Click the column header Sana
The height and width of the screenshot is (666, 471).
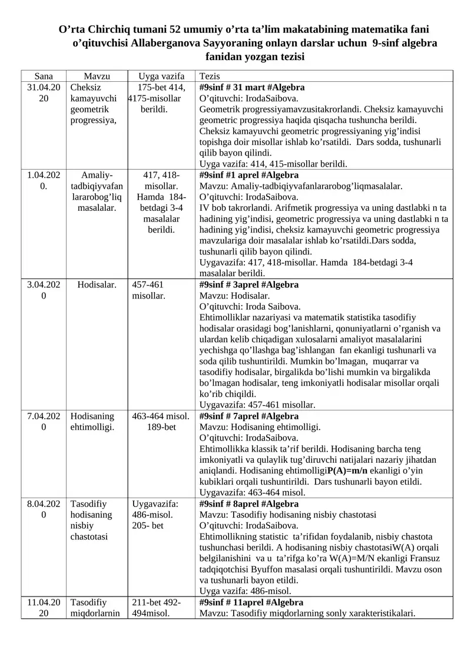point(43,76)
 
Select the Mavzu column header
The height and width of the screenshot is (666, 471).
point(97,76)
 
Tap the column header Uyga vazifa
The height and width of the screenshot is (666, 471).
point(161,76)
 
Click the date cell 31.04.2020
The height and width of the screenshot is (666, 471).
point(44,93)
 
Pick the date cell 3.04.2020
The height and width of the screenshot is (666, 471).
point(44,290)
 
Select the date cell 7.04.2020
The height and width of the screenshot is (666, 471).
point(44,422)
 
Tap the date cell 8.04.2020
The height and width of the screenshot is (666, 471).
point(44,510)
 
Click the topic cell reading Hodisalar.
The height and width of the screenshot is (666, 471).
point(97,285)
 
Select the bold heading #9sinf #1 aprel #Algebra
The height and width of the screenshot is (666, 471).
point(249,175)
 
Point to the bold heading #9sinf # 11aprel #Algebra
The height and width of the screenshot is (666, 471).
point(252,602)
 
